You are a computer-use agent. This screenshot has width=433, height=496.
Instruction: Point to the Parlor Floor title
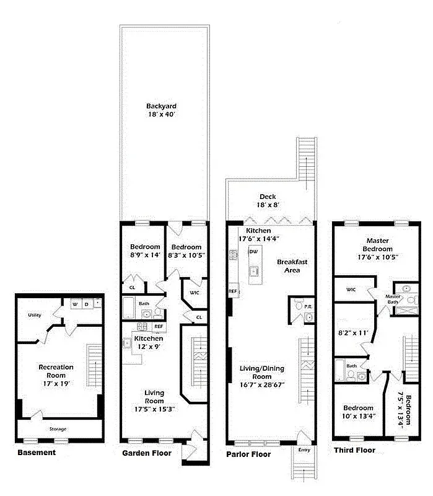coord(248,454)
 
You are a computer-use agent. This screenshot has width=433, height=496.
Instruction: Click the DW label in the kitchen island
coord(252,252)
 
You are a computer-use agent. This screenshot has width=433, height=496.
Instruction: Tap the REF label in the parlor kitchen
coord(233,291)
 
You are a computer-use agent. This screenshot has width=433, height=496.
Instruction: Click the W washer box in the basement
coord(76,304)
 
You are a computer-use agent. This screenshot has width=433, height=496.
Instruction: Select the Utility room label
coord(34,316)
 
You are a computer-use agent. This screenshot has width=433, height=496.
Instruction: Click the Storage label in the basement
coord(58,429)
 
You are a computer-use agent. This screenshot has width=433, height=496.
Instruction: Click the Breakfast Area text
coord(289,266)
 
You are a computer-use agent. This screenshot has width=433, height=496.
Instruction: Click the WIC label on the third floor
coord(351,290)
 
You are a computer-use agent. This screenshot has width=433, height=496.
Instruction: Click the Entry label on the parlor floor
coord(304,449)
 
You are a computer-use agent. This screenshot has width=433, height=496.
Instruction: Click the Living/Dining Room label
coord(262,376)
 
